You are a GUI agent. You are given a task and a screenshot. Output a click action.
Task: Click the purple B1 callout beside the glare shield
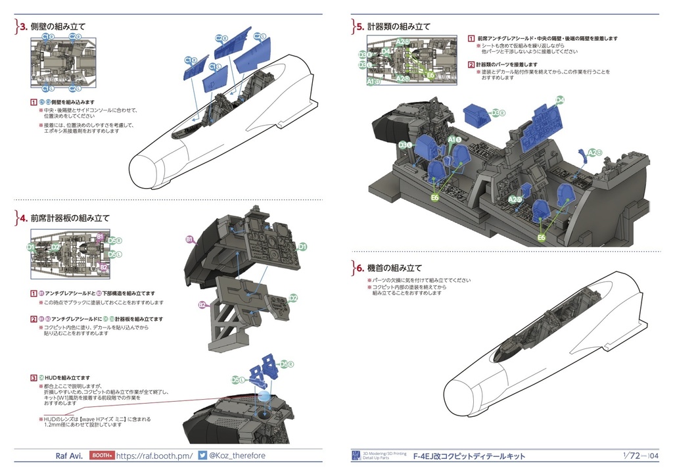pos(189,240)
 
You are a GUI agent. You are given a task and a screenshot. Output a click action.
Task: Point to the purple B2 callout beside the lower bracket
pos(202,304)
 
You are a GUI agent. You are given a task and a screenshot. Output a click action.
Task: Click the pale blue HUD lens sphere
pos(262,398)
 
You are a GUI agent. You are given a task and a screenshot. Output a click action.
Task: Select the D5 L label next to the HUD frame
pos(236,380)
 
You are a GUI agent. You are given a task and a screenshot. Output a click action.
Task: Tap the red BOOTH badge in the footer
pos(101,456)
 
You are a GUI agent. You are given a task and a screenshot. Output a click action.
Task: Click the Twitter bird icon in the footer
pos(202,456)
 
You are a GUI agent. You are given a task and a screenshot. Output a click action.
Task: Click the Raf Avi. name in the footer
pos(68,456)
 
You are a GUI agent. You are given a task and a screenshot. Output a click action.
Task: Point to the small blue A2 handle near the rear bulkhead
pos(584,156)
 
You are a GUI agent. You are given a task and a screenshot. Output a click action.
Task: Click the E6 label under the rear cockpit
pos(542,237)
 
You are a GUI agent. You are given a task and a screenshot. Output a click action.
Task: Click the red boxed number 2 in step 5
pos(471,64)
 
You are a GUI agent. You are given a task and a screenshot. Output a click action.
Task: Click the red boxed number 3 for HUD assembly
pos(34,377)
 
